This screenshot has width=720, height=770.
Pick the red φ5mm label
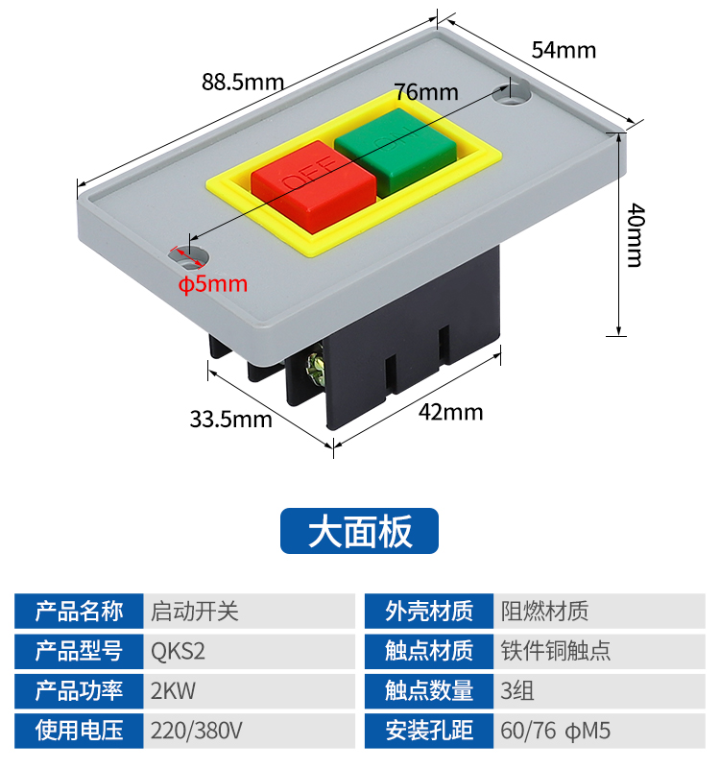coord(213,284)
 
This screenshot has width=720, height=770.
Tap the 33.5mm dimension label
coord(230,419)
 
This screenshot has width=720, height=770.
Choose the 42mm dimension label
coord(450,412)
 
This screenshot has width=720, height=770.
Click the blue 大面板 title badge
coord(359,531)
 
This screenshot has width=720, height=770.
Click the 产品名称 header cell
coord(80,611)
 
